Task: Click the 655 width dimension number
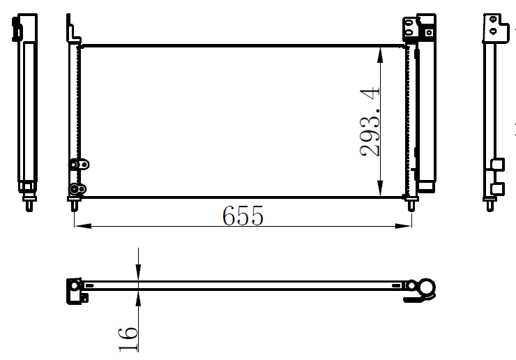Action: point(243,216)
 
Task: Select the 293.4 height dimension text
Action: point(370,121)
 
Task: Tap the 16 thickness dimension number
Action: point(128,339)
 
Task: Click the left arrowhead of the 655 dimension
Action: point(83,226)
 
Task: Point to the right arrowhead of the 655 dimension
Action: point(403,226)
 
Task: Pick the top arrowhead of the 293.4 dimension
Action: point(380,55)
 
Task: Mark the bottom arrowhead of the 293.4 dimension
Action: point(380,188)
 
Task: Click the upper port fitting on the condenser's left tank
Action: point(79,165)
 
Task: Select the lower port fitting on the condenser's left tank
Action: point(77,189)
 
